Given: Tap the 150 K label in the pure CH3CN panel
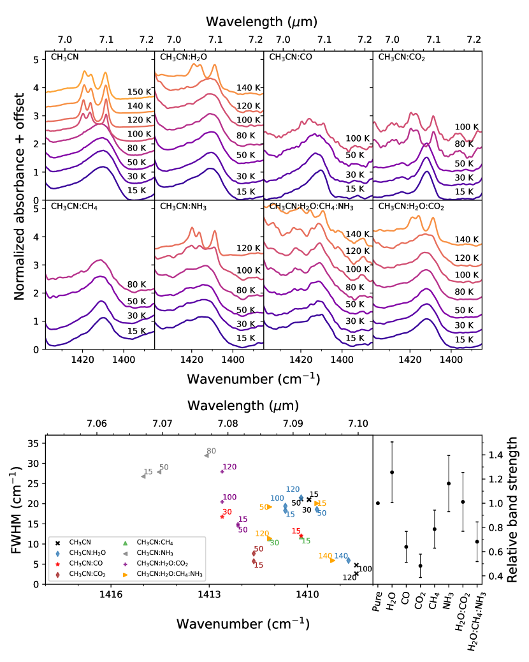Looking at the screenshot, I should (138, 92).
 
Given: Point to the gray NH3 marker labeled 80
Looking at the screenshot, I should (207, 455).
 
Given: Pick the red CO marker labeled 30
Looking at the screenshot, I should (222, 517).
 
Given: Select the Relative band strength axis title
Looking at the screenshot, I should (513, 509).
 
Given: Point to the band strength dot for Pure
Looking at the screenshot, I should (378, 503).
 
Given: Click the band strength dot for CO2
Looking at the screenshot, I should (420, 566).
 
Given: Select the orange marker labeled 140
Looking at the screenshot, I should (332, 560).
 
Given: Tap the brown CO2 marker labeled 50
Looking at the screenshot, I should (254, 554).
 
